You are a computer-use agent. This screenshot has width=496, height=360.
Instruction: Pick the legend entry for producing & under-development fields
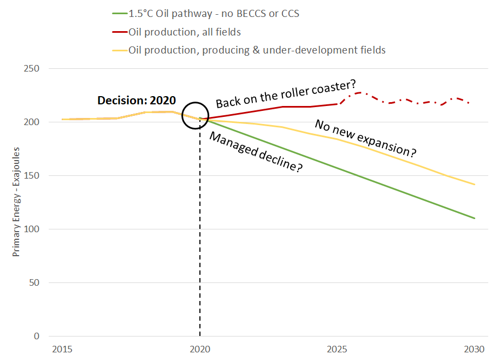click(x=257, y=50)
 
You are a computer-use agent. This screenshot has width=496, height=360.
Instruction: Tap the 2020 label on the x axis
click(x=199, y=349)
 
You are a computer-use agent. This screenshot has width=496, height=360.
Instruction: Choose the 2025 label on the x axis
click(x=337, y=349)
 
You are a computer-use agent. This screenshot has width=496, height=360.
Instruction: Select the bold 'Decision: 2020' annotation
click(x=137, y=101)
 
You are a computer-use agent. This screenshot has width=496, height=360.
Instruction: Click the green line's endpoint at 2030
click(x=475, y=219)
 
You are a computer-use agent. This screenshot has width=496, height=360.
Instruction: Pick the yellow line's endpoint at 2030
click(x=475, y=185)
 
